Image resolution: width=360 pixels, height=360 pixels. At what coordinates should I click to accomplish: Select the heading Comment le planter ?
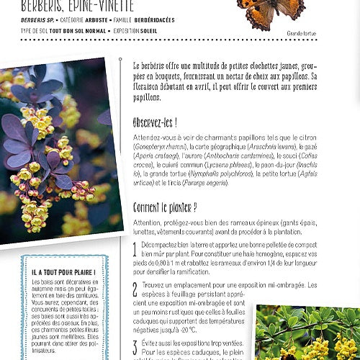coord(165,208)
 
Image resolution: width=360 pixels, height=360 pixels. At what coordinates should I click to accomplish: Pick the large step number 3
coord(135,343)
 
